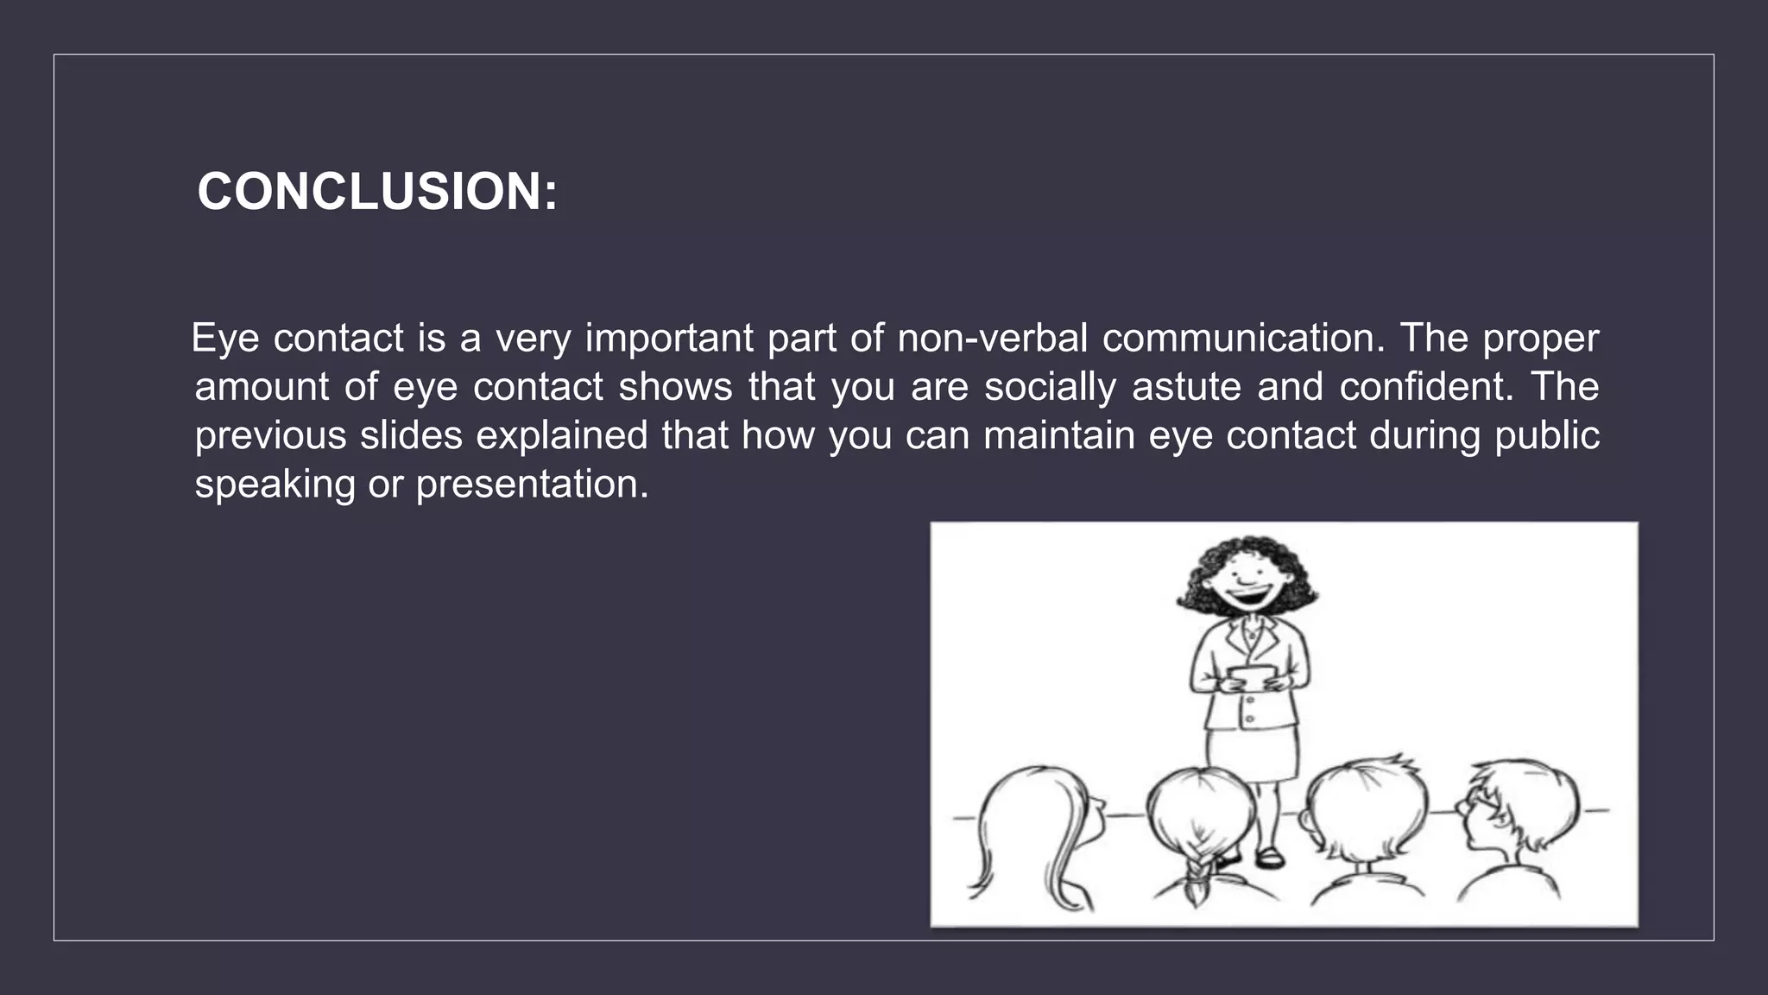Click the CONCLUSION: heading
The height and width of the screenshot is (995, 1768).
click(x=377, y=191)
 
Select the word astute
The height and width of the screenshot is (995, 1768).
click(x=1186, y=386)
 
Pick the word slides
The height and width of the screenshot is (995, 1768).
click(x=411, y=434)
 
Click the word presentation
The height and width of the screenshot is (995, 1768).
click(x=532, y=484)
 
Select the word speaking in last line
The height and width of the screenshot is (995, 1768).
click(x=275, y=484)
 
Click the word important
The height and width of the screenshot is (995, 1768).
click(x=669, y=338)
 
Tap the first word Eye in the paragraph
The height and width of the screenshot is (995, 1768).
click(x=224, y=338)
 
